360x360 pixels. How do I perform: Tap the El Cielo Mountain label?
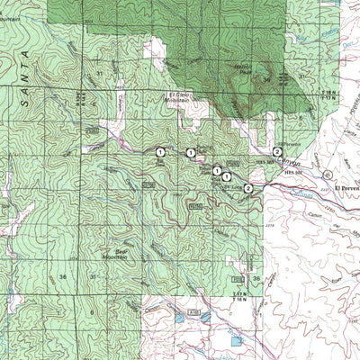(181, 100)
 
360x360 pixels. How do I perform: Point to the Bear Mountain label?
(116, 254)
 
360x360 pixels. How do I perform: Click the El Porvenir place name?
(346, 188)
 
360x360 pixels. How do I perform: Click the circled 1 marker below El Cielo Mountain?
(191, 153)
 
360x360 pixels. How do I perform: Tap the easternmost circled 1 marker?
(227, 176)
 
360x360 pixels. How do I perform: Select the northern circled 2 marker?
(277, 151)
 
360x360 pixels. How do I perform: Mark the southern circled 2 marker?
(248, 187)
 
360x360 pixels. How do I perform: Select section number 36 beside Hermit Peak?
(268, 79)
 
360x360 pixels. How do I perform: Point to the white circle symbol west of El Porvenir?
(328, 173)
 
